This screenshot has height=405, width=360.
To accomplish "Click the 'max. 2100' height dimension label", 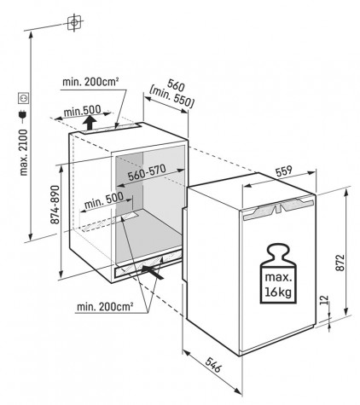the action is tap(24, 153).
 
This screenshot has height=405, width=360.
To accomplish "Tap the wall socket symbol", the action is tap(24, 98).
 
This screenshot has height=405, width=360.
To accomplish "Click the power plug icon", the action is tap(23, 114).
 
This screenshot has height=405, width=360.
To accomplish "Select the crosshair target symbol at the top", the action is tap(74, 22).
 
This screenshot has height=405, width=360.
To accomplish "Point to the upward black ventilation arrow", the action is tap(90, 122).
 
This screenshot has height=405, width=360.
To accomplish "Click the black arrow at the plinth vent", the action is tap(153, 272).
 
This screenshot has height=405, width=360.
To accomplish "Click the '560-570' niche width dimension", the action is tap(147, 173).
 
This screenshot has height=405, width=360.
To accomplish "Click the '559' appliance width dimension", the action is tap(284, 171).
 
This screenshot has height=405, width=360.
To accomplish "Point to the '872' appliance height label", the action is tap(340, 263).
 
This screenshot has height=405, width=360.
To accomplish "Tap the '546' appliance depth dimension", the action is tap(212, 365).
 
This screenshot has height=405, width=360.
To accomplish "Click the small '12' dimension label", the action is tap(325, 299).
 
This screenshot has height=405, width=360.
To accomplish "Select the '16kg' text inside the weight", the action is tap(279, 292).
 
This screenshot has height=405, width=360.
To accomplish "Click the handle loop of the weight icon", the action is tap(279, 254).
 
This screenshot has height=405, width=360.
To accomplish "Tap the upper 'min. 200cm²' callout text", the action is tap(90, 82).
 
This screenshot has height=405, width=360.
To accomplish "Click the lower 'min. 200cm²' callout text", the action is tap(105, 307).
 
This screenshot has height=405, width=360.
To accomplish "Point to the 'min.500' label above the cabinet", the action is tap(83, 111).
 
